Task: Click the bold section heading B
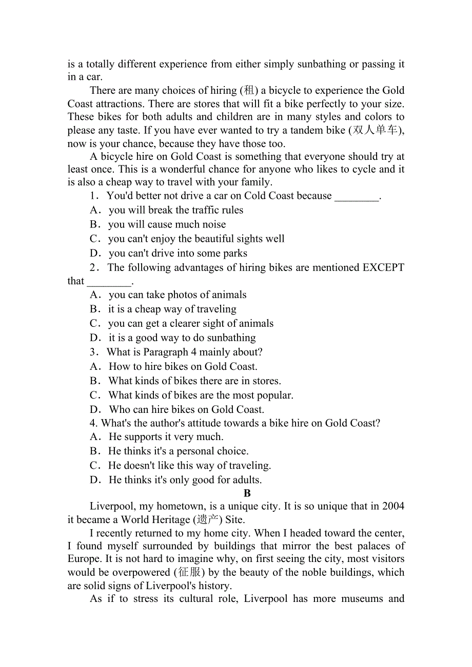[x=247, y=493]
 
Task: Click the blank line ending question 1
[x=357, y=196]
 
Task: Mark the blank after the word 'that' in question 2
[x=109, y=281]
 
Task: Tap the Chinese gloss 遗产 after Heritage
[x=208, y=519]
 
